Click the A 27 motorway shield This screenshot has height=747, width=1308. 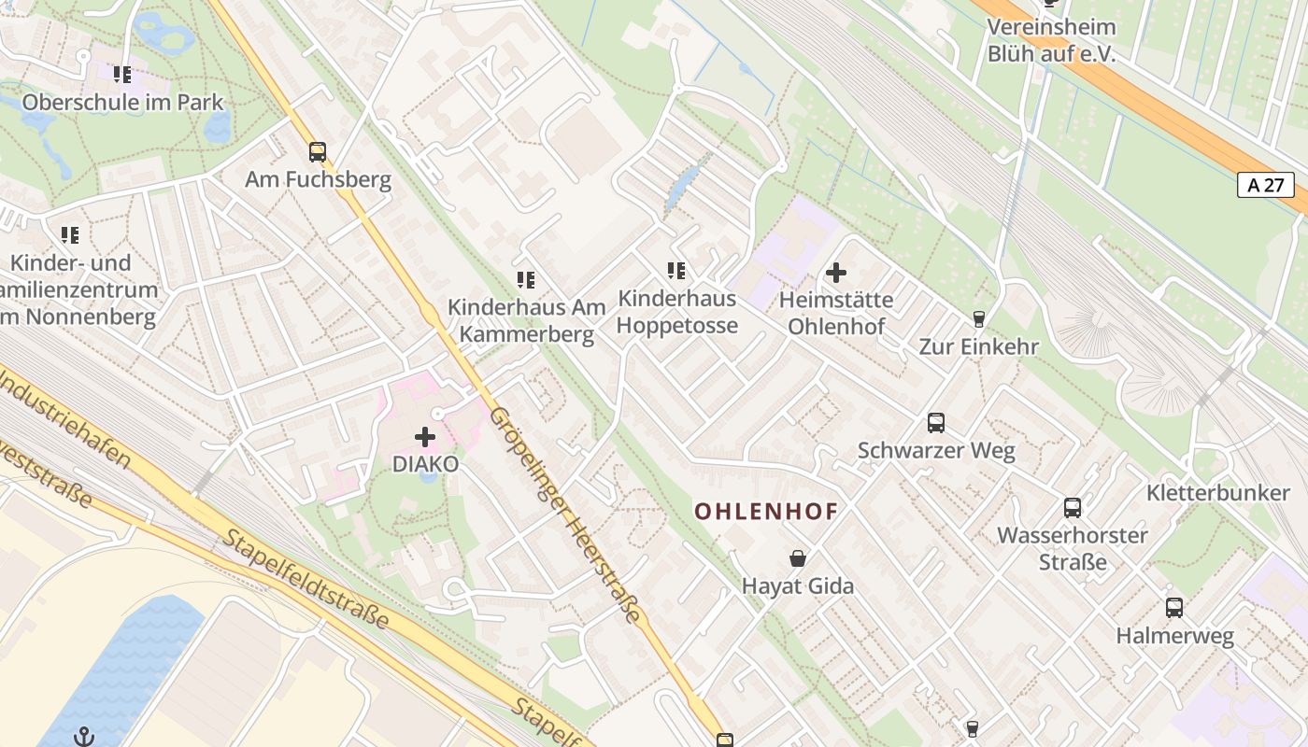point(1265,185)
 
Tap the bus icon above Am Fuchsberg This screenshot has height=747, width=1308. point(318,151)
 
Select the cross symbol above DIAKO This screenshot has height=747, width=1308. point(425,436)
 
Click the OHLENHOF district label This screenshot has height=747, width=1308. point(766,511)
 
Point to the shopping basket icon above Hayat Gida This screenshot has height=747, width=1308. point(798,558)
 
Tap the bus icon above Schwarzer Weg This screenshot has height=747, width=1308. point(936,423)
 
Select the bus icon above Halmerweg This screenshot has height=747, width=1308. point(1174,608)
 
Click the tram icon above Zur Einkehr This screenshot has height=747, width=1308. point(978,319)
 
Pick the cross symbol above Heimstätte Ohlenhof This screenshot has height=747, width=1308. point(836,273)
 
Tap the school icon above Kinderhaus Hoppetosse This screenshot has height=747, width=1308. point(676,271)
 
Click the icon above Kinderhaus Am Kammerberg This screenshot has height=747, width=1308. point(525,279)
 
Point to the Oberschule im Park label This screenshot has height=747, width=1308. point(123,102)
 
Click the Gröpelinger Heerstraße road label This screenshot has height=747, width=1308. point(565,515)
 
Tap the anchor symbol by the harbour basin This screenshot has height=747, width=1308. point(85,736)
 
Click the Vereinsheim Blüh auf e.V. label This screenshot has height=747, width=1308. point(1051,40)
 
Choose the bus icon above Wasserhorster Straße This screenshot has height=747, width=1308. point(1073,508)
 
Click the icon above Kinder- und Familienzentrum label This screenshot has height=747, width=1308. point(70,234)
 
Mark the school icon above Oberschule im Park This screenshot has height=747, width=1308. point(122,74)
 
